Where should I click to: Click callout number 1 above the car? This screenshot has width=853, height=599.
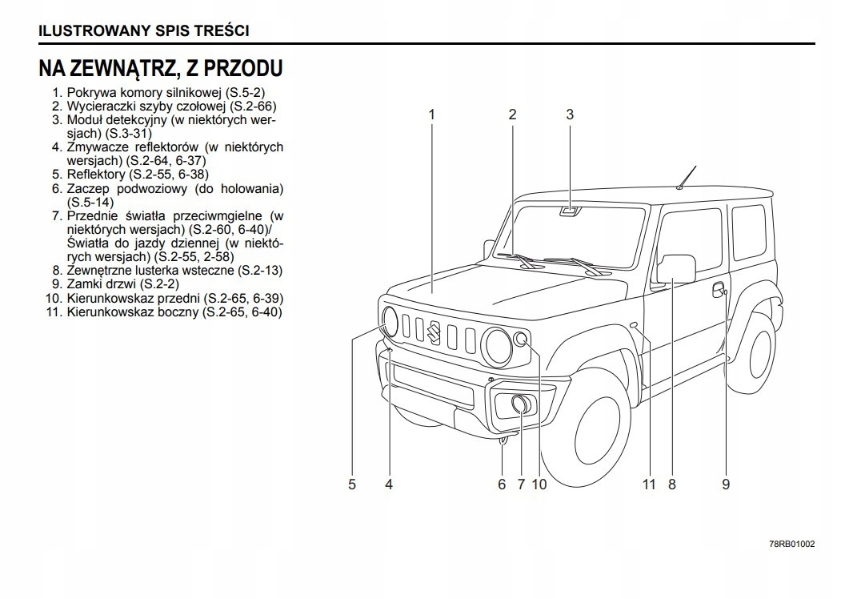(x=431, y=115)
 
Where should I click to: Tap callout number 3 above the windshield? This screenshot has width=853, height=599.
(x=570, y=115)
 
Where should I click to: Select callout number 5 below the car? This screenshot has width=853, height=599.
(x=351, y=484)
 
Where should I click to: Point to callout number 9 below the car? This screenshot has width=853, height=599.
(x=726, y=484)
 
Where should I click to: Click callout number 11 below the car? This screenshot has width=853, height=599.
(x=648, y=484)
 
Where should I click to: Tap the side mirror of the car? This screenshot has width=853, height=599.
(x=675, y=269)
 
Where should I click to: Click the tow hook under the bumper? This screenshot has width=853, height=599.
(x=503, y=437)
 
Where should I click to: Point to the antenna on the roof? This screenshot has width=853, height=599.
(x=686, y=178)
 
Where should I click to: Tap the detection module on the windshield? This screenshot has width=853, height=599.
(x=570, y=211)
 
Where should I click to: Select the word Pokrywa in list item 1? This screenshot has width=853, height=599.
(x=90, y=92)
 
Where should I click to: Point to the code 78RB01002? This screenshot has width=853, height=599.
(x=791, y=544)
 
